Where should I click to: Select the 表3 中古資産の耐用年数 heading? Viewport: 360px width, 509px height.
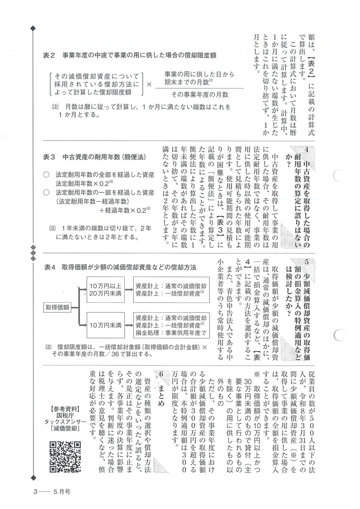coord(94,157)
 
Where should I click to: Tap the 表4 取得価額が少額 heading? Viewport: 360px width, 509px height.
coord(121,267)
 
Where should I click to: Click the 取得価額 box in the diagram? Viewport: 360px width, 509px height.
coord(58,307)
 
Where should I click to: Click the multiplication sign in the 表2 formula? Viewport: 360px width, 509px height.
coord(148,84)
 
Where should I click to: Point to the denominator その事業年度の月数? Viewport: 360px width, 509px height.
coord(197,94)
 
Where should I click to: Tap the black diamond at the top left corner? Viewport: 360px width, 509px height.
coord(33,28)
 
